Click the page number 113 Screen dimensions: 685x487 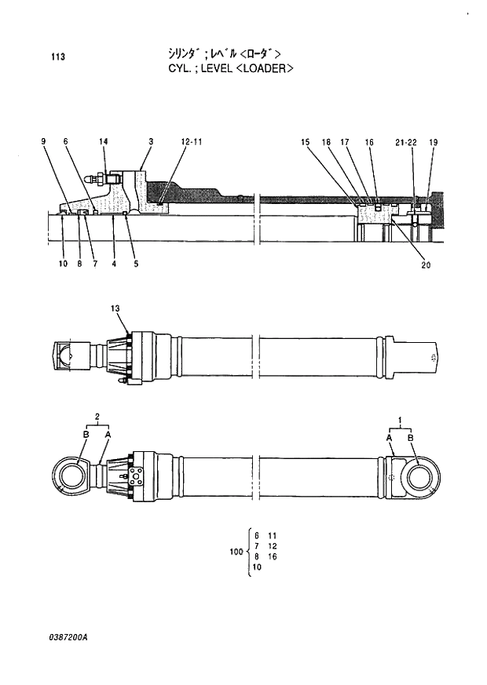[57, 56]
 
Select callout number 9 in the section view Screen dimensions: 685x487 [44, 141]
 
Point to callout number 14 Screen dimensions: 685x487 [103, 141]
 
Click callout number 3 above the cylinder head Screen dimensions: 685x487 [150, 141]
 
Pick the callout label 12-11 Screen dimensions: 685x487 [192, 141]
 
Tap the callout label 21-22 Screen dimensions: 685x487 [406, 142]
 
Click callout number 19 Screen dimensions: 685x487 [434, 142]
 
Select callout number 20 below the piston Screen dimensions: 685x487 [426, 264]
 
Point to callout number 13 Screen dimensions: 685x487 [115, 308]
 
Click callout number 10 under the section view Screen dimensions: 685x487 [63, 264]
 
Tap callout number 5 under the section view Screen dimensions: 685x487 [136, 264]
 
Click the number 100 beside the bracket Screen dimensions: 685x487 [236, 552]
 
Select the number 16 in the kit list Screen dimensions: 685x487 [273, 556]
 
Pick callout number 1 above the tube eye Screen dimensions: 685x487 [400, 421]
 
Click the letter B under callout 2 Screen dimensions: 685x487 [86, 433]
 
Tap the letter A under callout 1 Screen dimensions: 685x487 [389, 437]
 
